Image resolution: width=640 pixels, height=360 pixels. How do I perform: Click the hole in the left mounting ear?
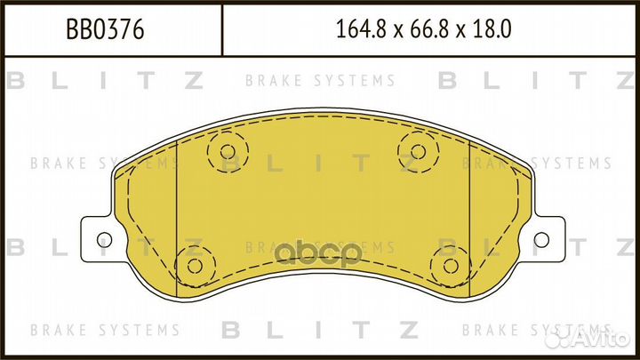pos(103,238)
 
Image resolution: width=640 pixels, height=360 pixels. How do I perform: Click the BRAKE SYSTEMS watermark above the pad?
pos(320,81)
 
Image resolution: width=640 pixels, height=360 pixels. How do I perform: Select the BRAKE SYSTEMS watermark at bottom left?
pos(105,330)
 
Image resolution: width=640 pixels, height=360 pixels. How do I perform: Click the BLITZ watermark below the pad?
pos(320,330)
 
